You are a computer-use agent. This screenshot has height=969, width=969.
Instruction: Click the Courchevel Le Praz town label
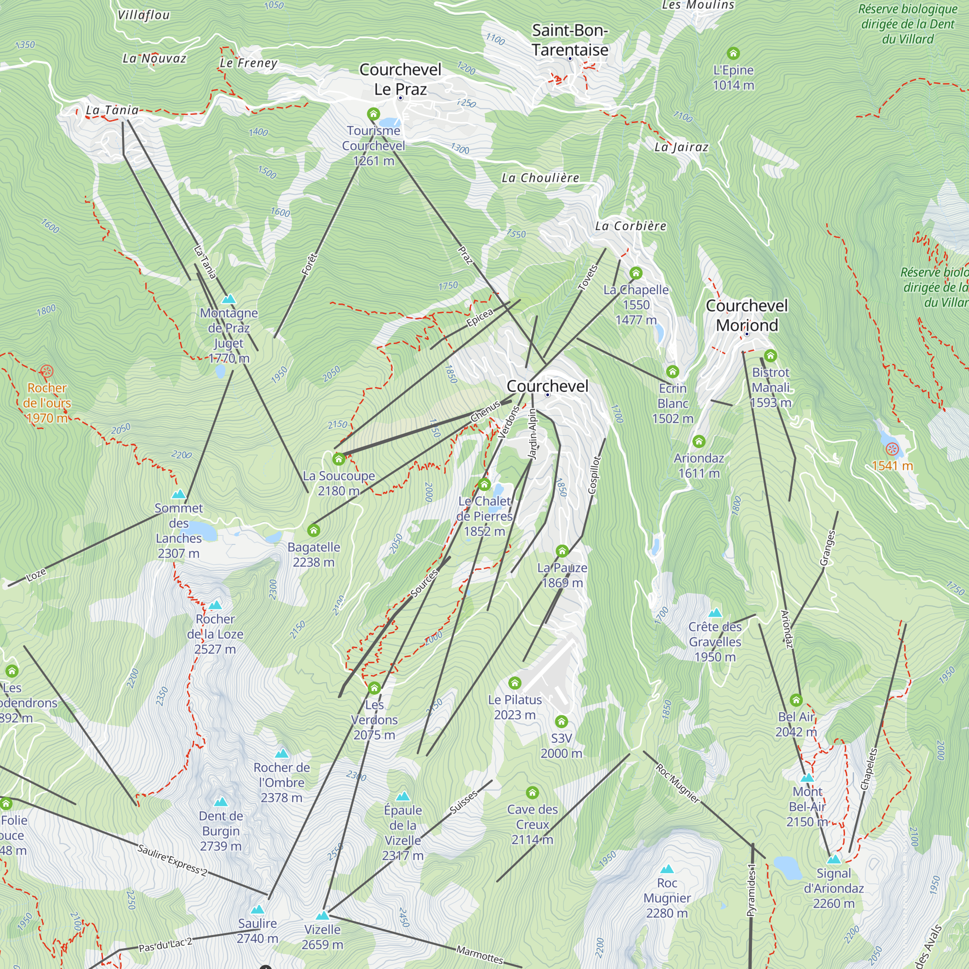coord(400,79)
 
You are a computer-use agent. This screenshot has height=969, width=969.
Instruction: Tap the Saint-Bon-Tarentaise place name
coord(570,40)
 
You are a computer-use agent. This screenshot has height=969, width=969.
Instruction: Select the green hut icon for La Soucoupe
coord(339,458)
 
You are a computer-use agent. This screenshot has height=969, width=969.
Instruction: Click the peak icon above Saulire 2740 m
coord(257,909)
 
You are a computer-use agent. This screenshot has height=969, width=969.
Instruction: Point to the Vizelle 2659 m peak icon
coord(323,915)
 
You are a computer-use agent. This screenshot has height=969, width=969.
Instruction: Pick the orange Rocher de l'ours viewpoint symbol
coord(47,371)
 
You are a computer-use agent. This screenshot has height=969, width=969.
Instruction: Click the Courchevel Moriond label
coord(747,315)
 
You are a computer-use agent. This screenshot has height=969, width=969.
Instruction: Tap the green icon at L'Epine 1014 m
coord(733,53)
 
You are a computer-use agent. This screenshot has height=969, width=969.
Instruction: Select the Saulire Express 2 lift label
coord(172,860)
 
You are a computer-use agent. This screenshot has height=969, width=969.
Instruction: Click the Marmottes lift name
coord(480,954)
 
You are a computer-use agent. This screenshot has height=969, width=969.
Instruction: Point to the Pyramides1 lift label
coord(751,890)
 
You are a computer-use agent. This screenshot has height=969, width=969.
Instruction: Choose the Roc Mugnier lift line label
coord(678,783)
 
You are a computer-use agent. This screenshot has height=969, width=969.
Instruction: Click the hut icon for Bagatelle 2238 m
coord(313,530)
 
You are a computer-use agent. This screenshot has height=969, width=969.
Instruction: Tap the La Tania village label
coord(112,110)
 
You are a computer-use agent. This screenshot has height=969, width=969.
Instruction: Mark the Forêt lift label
coord(310,264)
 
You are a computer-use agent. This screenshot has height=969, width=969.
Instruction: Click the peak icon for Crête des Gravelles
coord(715,612)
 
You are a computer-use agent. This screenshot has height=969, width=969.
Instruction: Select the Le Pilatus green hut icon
coord(515,683)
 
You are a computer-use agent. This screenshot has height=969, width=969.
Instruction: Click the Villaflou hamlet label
coord(143,16)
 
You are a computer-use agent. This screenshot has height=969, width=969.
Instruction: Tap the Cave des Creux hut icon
coord(532,793)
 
